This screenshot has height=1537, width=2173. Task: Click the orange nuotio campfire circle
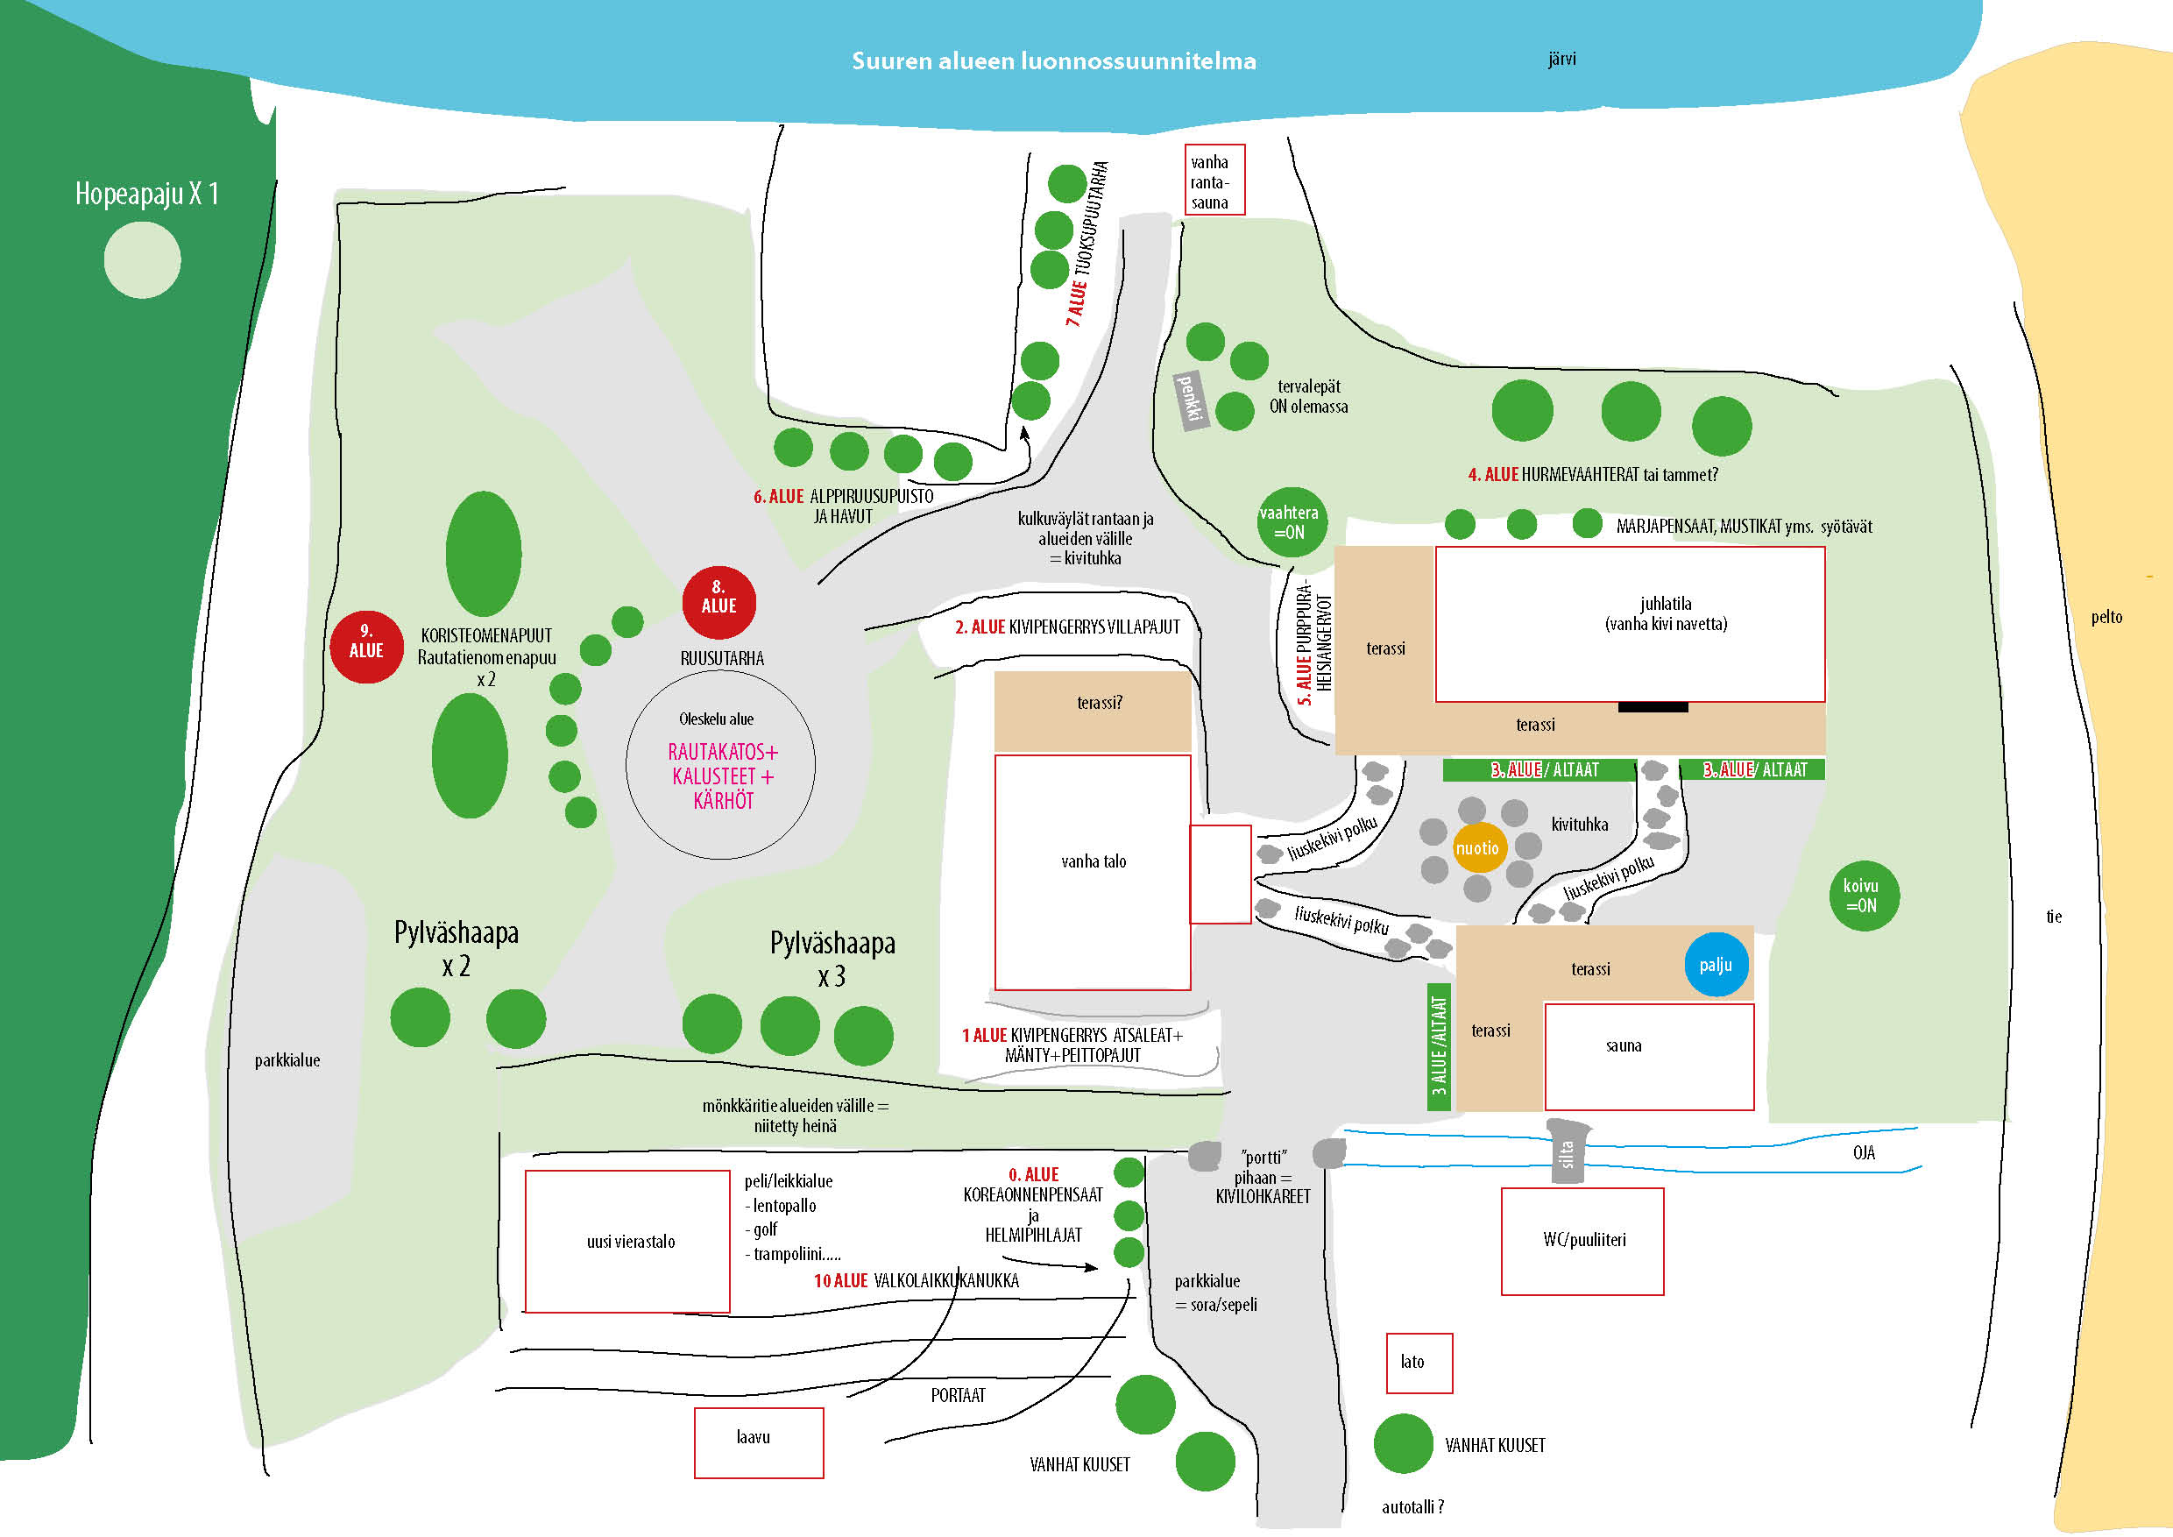click(1476, 848)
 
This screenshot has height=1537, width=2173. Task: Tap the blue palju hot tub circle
click(1716, 965)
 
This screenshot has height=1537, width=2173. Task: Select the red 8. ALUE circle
click(718, 603)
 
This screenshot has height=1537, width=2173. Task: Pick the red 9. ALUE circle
click(366, 648)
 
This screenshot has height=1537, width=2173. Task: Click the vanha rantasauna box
click(1214, 180)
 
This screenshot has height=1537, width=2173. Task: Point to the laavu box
click(758, 1442)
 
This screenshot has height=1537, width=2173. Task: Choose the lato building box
click(1419, 1363)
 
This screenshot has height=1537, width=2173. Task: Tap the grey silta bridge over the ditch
click(1568, 1151)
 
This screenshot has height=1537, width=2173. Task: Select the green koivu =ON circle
click(1864, 896)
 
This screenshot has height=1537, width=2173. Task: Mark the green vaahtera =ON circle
click(1291, 521)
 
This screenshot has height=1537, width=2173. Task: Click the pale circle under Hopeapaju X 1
click(142, 260)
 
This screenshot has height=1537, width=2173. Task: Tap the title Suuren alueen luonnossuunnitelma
click(1053, 60)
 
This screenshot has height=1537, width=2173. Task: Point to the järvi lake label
click(1561, 59)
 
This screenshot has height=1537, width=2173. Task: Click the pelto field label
click(2106, 617)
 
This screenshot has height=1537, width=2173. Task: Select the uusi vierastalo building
click(627, 1241)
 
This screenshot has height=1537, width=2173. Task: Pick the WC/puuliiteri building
click(1582, 1241)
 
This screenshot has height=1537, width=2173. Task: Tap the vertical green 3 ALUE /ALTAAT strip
click(1440, 1045)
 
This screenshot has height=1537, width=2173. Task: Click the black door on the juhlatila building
click(1653, 707)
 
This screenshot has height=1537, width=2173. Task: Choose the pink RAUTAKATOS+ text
click(722, 753)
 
